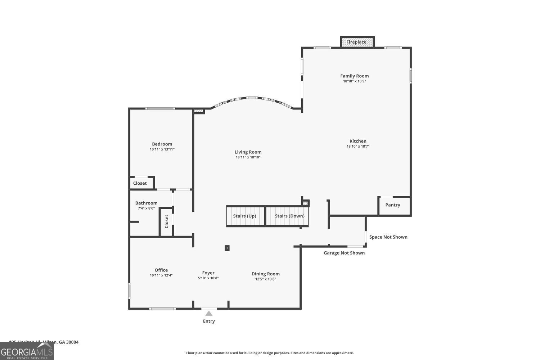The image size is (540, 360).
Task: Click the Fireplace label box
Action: pyautogui.click(x=356, y=42)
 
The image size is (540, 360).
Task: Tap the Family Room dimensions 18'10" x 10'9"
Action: pyautogui.click(x=354, y=81)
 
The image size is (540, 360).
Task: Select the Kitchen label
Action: pyautogui.click(x=358, y=141)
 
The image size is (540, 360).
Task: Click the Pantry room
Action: pyautogui.click(x=392, y=205)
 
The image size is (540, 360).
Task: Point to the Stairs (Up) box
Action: pyautogui.click(x=245, y=216)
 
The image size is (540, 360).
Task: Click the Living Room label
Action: pyautogui.click(x=248, y=152)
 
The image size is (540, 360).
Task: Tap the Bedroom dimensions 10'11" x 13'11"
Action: pyautogui.click(x=162, y=149)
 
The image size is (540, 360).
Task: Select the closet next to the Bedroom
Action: pyautogui.click(x=140, y=183)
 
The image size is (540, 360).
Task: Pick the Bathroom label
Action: pyautogui.click(x=146, y=203)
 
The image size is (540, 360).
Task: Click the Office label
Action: pyautogui.click(x=161, y=270)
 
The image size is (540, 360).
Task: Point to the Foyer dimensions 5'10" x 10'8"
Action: pyautogui.click(x=208, y=278)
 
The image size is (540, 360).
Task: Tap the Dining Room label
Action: pyautogui.click(x=265, y=274)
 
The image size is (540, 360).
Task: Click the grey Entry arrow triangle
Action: pyautogui.click(x=209, y=313)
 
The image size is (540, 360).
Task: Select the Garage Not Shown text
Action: pyautogui.click(x=344, y=253)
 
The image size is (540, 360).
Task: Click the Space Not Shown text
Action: pyautogui.click(x=388, y=237)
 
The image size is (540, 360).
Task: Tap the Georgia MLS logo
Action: pyautogui.click(x=27, y=351)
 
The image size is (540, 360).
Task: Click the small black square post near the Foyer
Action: pyautogui.click(x=227, y=248)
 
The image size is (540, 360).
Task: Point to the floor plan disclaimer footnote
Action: pyautogui.click(x=270, y=353)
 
